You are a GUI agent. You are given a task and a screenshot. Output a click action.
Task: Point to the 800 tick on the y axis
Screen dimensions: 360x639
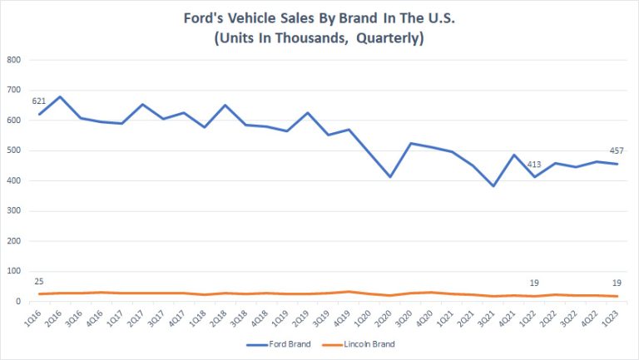(x=13, y=60)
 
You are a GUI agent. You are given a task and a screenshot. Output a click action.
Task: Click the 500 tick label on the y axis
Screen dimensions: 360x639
(x=13, y=150)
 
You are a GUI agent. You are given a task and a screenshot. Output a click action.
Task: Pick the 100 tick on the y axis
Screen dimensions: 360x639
(x=13, y=271)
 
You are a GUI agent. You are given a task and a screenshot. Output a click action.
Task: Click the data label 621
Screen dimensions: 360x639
(x=38, y=101)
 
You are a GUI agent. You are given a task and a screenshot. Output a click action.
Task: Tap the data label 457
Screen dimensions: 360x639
(x=617, y=150)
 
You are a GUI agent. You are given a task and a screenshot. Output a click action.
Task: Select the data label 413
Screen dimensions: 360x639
(x=534, y=164)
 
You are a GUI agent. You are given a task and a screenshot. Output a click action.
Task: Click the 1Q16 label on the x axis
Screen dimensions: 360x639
(x=34, y=316)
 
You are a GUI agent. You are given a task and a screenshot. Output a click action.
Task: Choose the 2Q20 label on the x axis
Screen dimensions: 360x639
(x=385, y=316)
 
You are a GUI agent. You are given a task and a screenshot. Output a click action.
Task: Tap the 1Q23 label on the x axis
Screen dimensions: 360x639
(x=612, y=316)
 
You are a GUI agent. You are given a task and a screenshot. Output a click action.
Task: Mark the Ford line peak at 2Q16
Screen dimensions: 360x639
(x=59, y=96)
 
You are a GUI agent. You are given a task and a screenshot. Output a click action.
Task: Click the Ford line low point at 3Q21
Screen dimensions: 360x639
(x=493, y=185)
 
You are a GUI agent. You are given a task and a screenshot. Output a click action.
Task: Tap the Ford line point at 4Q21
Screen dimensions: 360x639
(x=514, y=155)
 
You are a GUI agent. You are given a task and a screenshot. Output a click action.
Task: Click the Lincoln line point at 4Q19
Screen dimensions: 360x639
(x=349, y=291)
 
